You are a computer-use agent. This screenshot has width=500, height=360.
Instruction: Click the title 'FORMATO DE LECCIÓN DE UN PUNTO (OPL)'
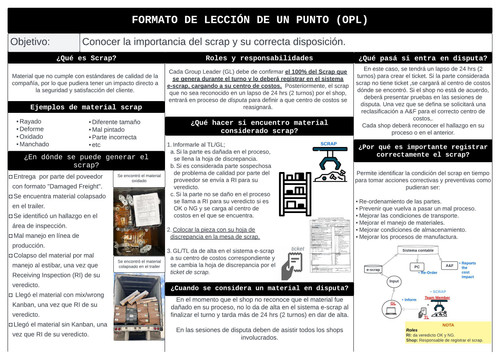click(x=250, y=19)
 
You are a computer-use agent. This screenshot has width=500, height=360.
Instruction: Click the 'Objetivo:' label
click(x=30, y=42)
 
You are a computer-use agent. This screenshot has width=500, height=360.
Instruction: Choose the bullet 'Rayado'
click(x=31, y=122)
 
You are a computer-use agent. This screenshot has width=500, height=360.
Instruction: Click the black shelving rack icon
click(x=298, y=193)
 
